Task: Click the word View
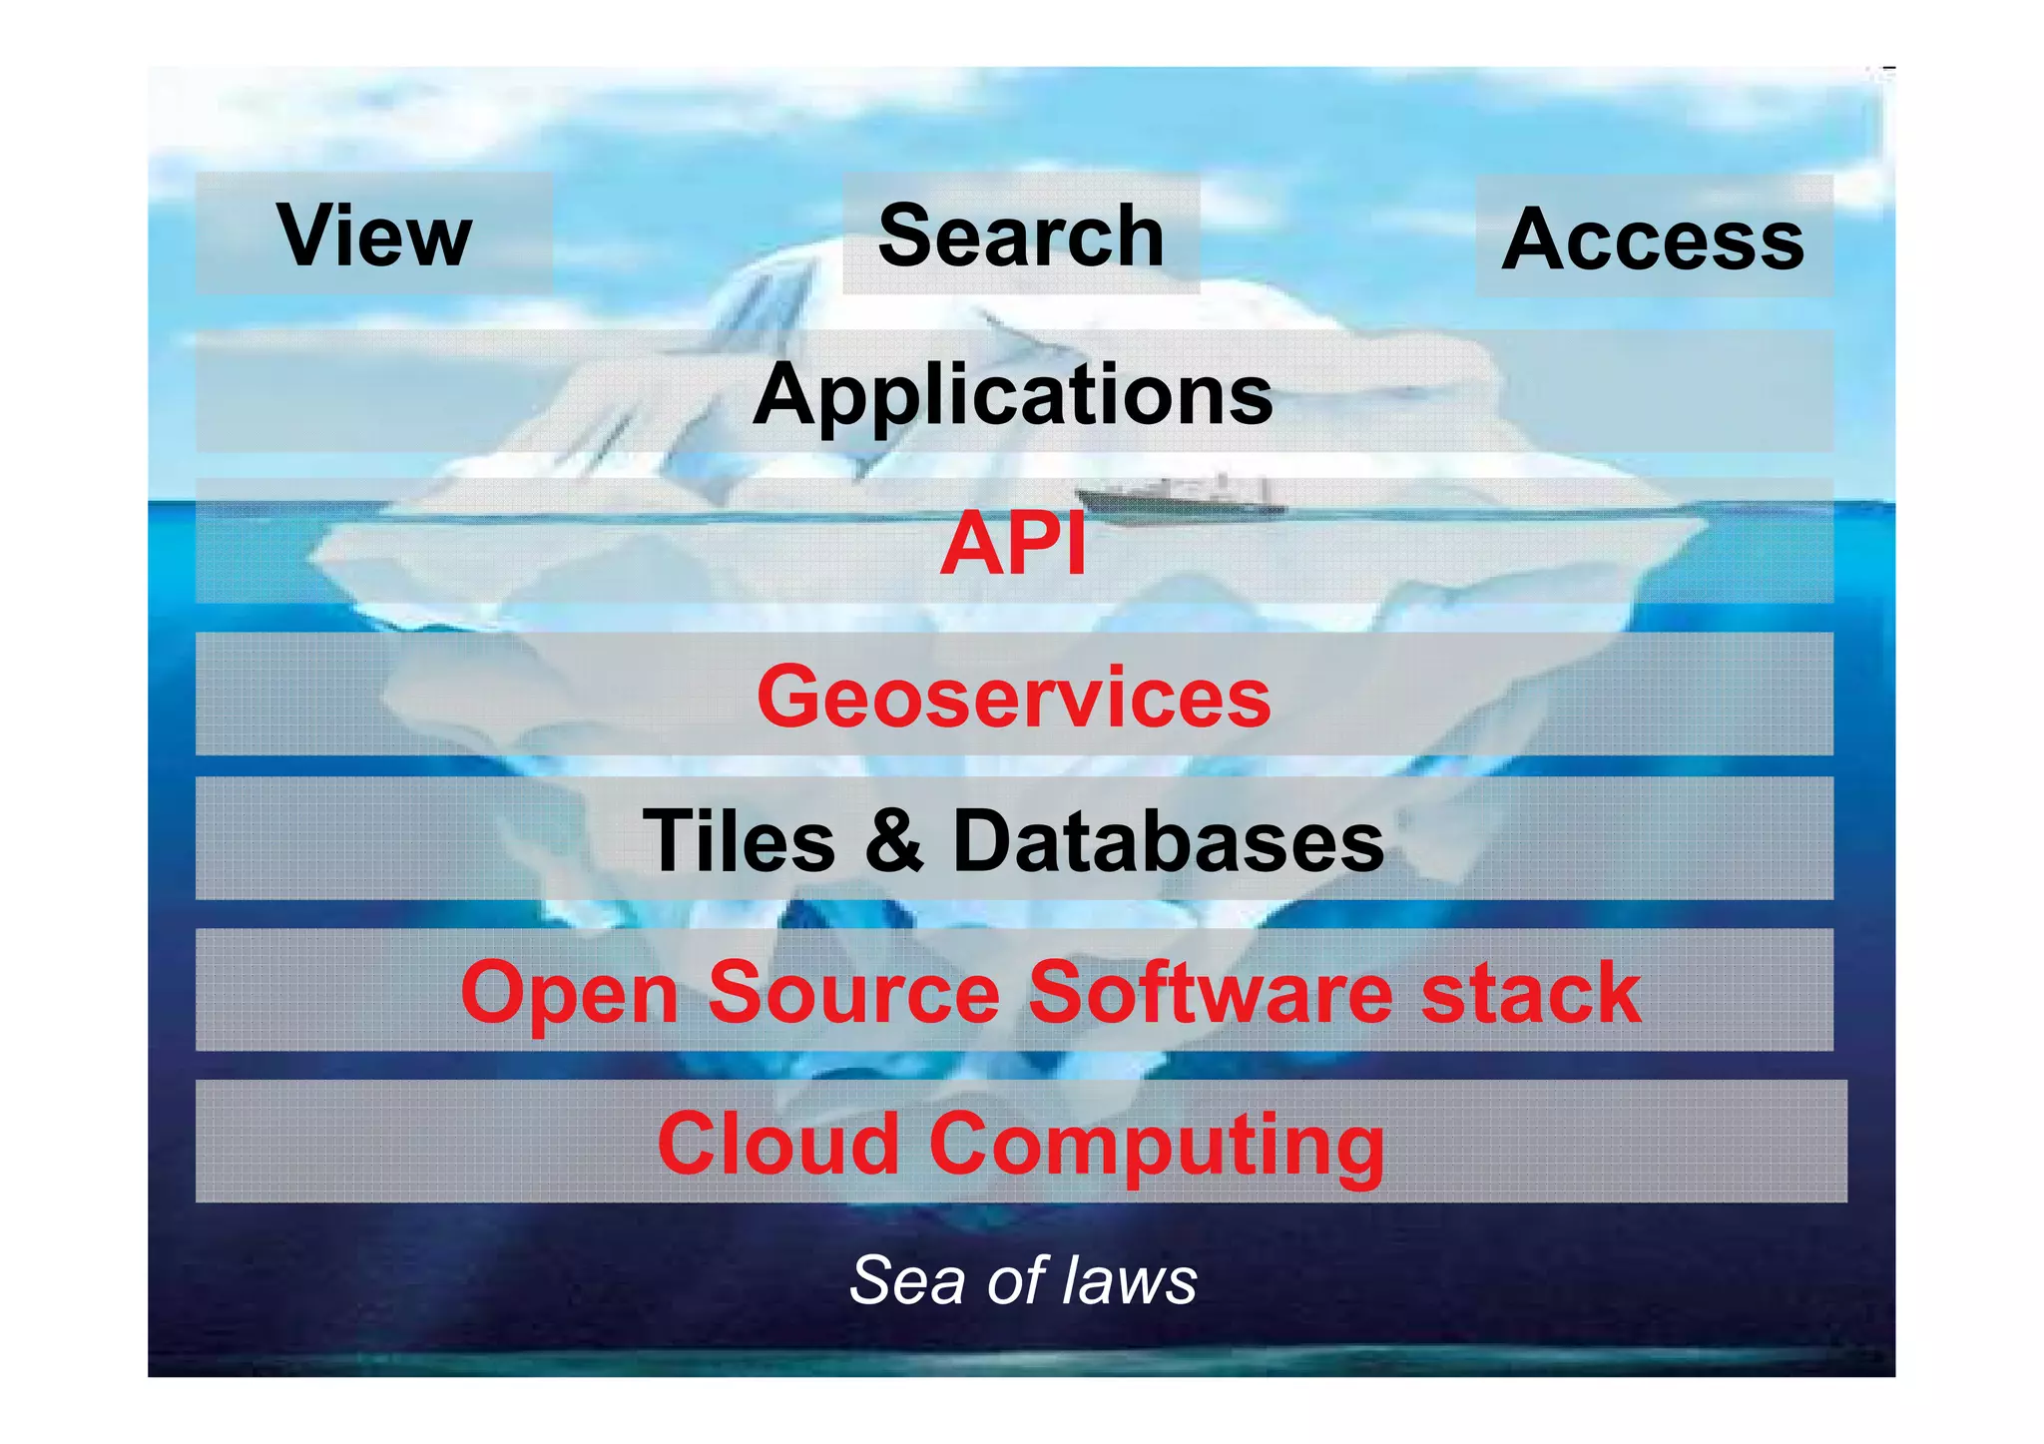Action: [374, 236]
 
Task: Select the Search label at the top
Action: [1021, 236]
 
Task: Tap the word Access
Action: [1653, 240]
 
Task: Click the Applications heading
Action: [1013, 395]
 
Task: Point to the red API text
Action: [1013, 545]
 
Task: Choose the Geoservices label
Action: [1013, 697]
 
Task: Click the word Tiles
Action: [740, 841]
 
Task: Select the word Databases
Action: [1169, 841]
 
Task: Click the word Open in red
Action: [570, 994]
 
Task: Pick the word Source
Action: [854, 992]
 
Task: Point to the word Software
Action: [1210, 992]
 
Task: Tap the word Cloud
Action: [778, 1144]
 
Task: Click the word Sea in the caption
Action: [907, 1280]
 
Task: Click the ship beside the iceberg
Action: [1178, 498]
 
